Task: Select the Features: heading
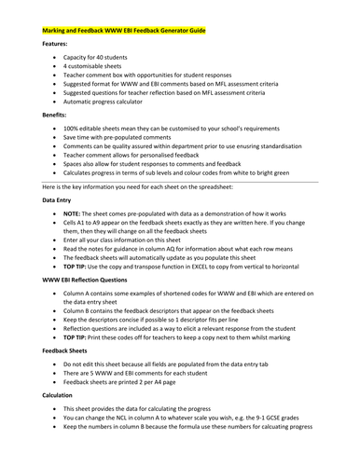click(59, 44)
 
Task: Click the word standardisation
click(312, 160)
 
